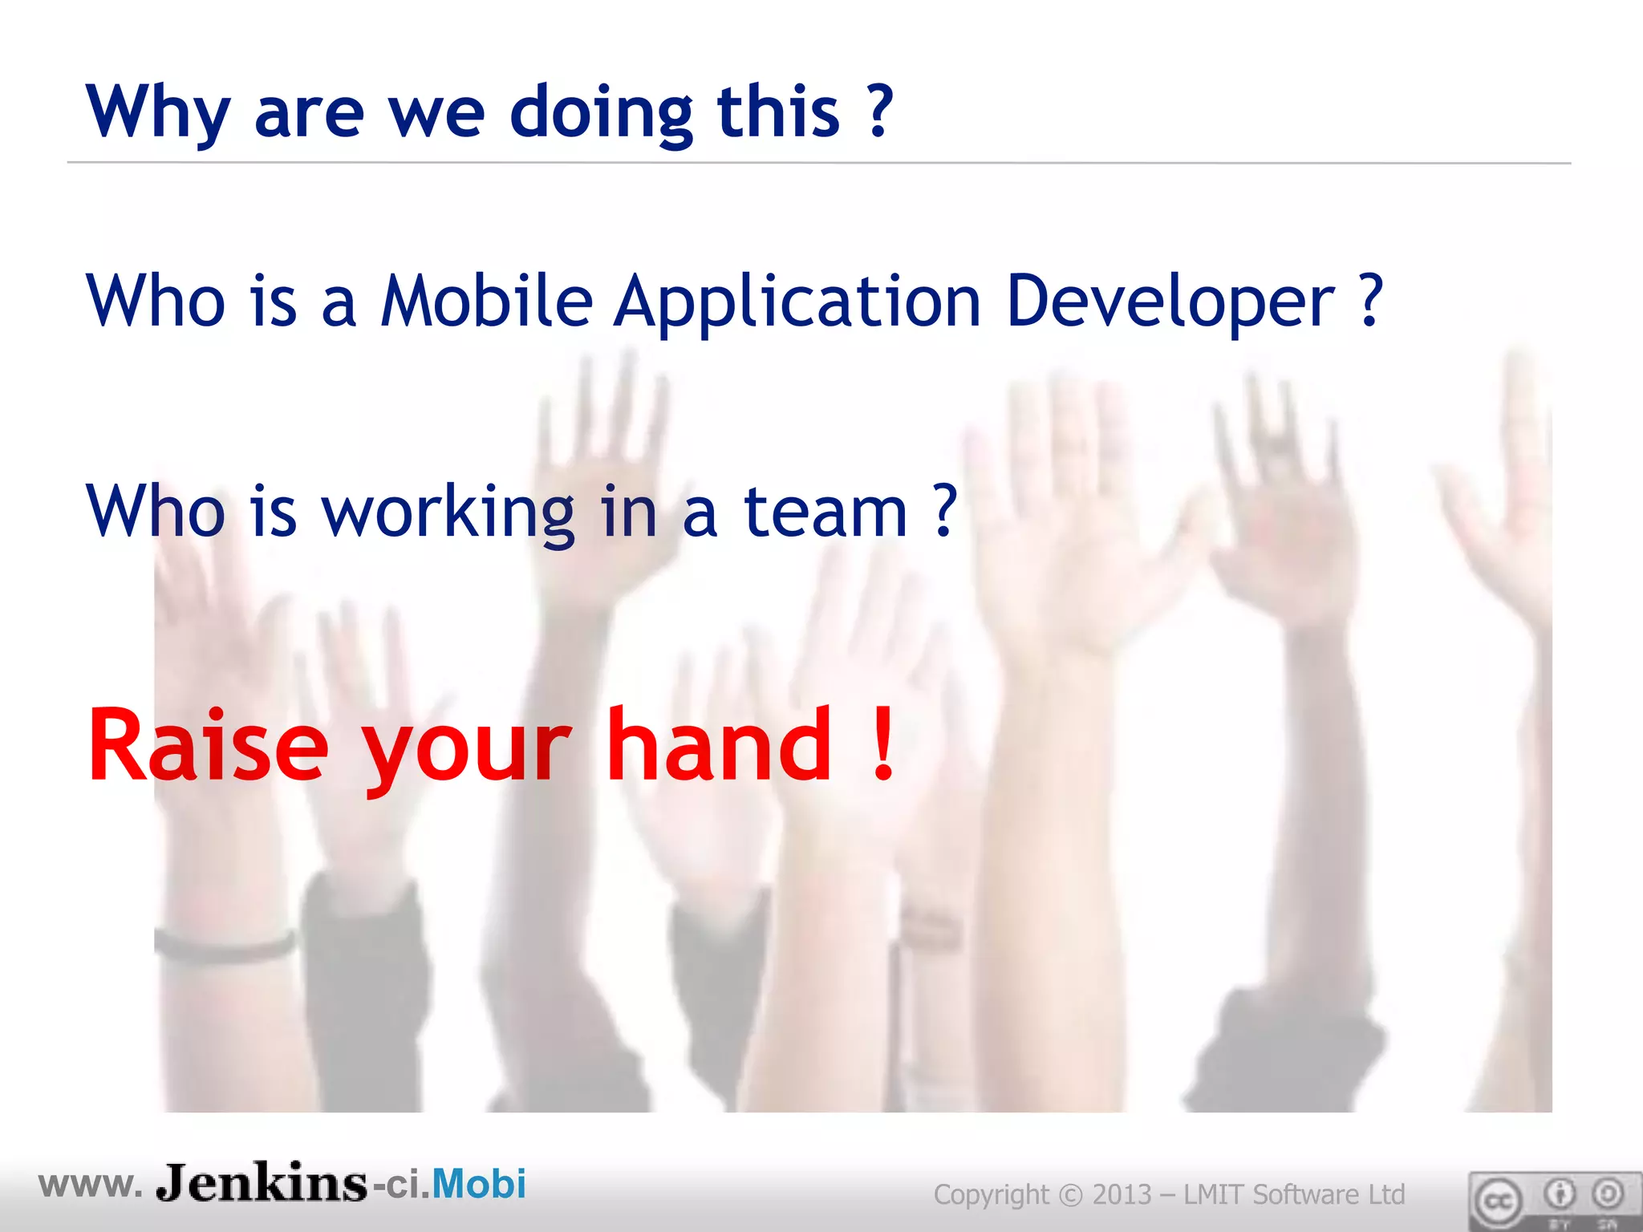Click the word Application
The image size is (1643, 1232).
(797, 302)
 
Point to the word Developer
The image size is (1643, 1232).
(1170, 302)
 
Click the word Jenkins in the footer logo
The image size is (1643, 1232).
(262, 1182)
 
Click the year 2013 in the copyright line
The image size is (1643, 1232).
(1122, 1194)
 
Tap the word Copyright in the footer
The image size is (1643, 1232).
(991, 1195)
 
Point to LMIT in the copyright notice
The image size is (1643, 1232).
(1215, 1194)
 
